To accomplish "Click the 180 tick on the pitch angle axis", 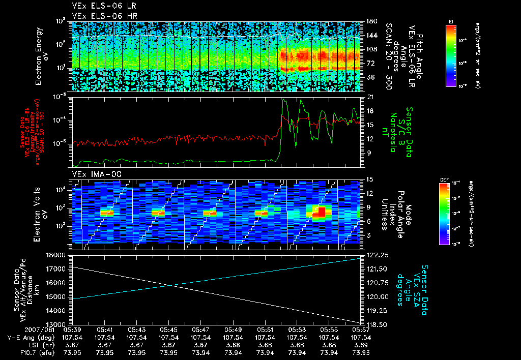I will click(x=370, y=21).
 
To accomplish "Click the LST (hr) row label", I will click(x=23, y=345).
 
